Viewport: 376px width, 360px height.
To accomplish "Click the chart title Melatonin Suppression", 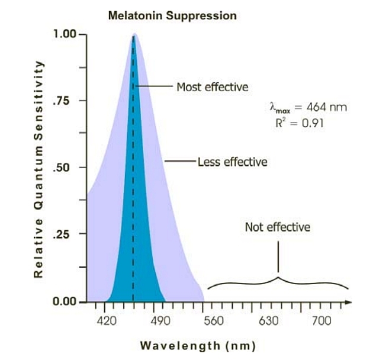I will point(172,16).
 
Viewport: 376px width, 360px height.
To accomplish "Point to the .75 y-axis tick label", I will point(62,101).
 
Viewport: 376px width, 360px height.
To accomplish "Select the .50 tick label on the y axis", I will point(62,168).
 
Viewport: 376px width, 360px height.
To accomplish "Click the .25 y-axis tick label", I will point(62,234).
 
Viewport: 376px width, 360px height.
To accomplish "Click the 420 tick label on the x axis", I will point(107,320).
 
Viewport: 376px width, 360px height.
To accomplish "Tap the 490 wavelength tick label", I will point(160,320).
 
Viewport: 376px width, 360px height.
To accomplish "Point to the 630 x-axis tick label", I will point(268,320).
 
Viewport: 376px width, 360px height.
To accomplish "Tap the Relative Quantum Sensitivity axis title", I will point(38,168).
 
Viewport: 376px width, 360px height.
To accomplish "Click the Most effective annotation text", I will point(212,87).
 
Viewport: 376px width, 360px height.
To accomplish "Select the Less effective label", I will point(232,162).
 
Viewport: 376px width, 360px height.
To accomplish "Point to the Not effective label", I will point(277,227).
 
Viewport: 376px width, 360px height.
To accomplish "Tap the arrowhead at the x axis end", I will point(349,302).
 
